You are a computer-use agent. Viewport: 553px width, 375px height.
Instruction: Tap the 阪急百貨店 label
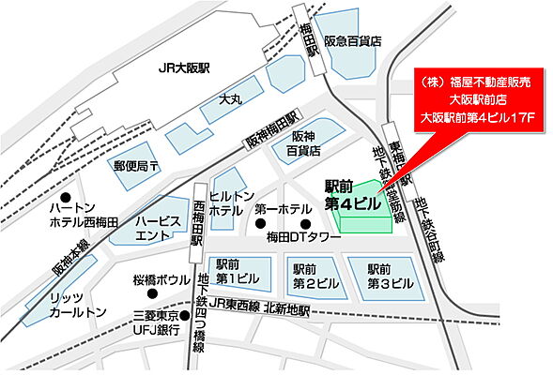[x=353, y=41]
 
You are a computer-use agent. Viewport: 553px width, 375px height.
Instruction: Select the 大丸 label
[x=230, y=97]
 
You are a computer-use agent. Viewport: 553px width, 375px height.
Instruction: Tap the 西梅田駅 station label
[x=197, y=220]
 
